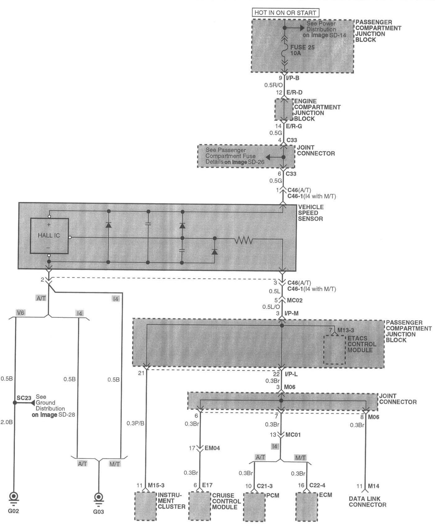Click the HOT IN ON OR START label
(x=285, y=13)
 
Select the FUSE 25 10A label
(x=302, y=51)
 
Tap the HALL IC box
(x=49, y=236)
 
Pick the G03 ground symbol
(x=99, y=497)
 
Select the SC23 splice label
(x=24, y=398)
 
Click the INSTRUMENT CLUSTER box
(x=145, y=506)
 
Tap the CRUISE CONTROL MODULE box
(x=200, y=506)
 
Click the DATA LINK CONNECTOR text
(x=367, y=502)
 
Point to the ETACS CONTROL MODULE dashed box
(x=334, y=350)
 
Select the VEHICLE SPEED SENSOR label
(x=311, y=213)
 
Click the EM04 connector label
(x=212, y=448)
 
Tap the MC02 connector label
(x=295, y=300)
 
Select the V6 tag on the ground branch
(x=21, y=313)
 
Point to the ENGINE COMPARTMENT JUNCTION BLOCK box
(x=284, y=110)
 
